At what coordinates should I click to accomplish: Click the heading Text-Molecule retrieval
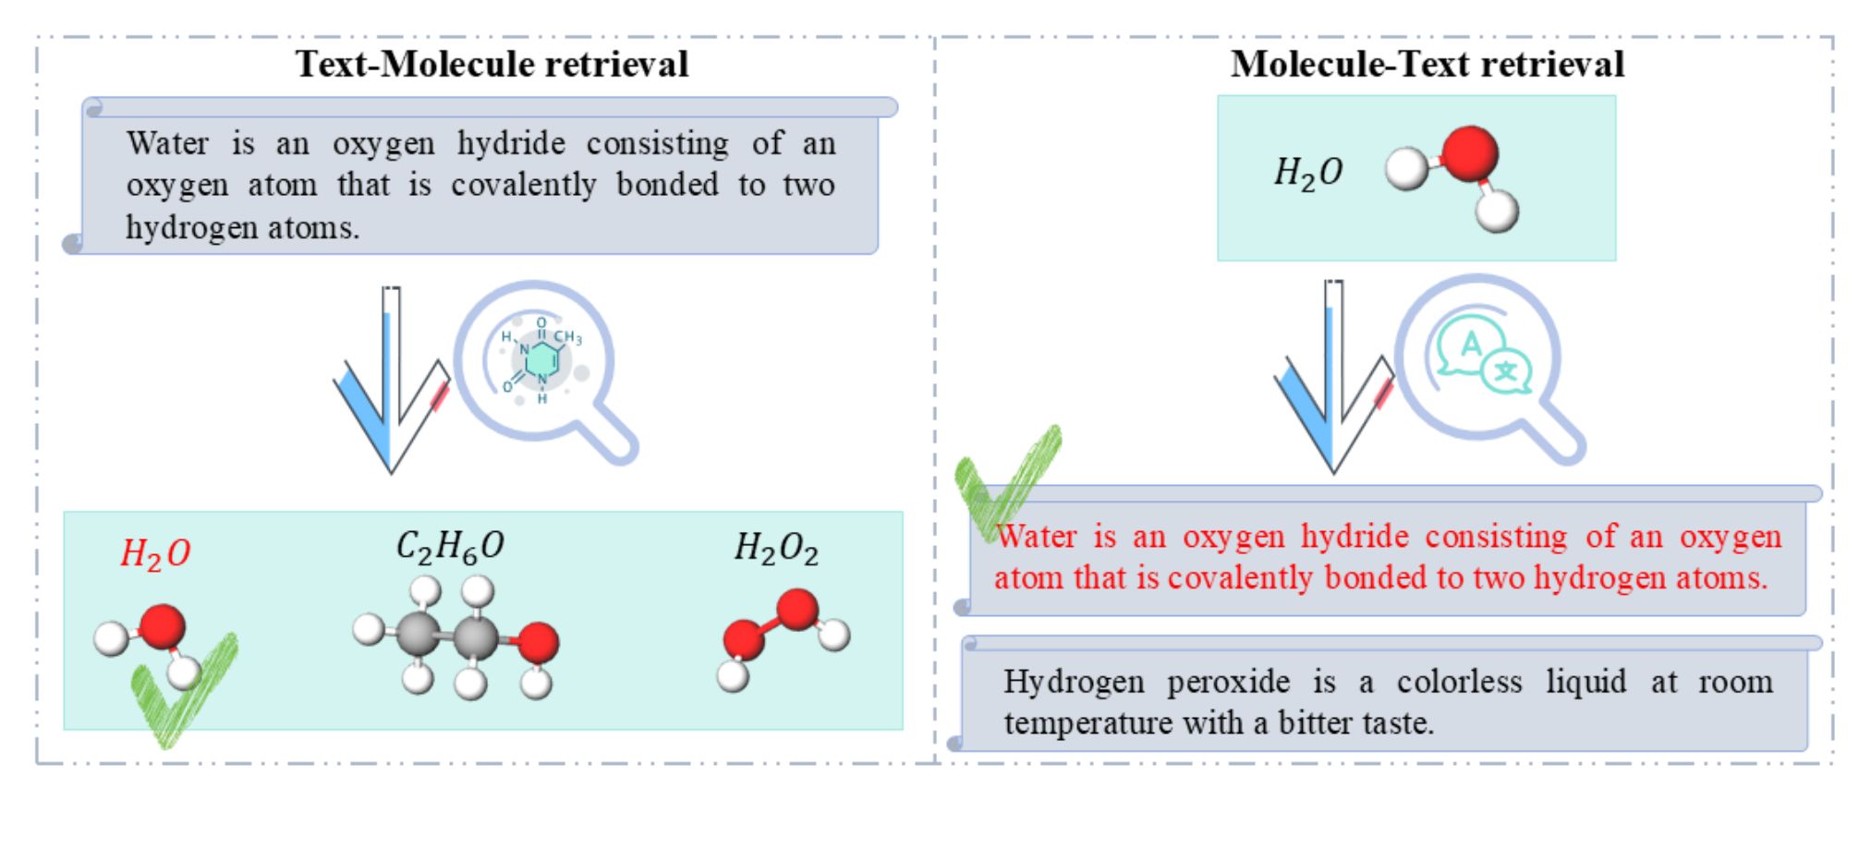click(x=492, y=64)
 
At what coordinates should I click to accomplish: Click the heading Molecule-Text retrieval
click(x=1428, y=64)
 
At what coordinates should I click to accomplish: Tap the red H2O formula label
click(x=155, y=553)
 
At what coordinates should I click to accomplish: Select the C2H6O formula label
click(x=450, y=546)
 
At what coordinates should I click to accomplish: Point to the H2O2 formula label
click(x=776, y=548)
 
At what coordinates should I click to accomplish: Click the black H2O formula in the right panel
click(x=1308, y=172)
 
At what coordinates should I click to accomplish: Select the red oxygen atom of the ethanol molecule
click(x=537, y=643)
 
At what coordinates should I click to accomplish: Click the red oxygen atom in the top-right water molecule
click(x=1469, y=153)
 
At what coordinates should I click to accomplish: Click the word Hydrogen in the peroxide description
click(x=1074, y=682)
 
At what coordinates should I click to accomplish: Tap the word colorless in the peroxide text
click(x=1459, y=682)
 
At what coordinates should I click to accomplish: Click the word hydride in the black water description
click(x=511, y=143)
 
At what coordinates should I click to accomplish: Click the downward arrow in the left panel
click(x=392, y=380)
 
